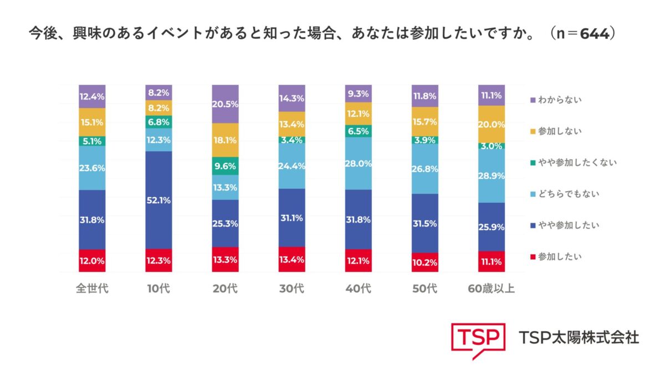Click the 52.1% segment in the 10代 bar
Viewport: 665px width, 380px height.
tap(158, 200)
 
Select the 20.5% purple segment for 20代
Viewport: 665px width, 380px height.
tap(225, 104)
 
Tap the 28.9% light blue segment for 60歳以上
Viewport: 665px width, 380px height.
tap(492, 176)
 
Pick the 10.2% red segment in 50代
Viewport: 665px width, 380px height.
tap(425, 262)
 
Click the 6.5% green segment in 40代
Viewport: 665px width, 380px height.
tap(359, 131)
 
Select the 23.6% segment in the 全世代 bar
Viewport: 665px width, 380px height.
tap(92, 168)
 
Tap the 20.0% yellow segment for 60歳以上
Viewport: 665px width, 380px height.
tap(492, 124)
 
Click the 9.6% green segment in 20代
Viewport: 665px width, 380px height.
tap(225, 165)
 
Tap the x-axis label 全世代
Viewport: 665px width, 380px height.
tap(92, 289)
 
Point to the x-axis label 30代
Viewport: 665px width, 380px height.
tap(292, 289)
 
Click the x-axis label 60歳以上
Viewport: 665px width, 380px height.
tap(492, 289)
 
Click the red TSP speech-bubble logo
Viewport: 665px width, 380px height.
tap(478, 338)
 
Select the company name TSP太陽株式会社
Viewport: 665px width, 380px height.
tap(579, 337)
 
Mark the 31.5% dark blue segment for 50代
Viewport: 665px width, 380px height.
tap(425, 223)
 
